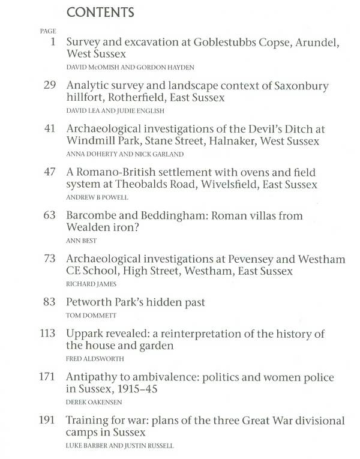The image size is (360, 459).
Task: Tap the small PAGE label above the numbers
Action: tap(47, 31)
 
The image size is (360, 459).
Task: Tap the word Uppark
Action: tap(85, 334)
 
